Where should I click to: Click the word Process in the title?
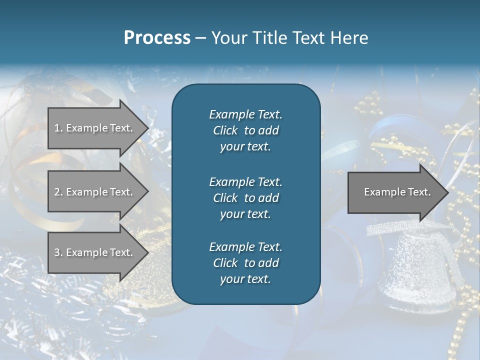pyautogui.click(x=157, y=38)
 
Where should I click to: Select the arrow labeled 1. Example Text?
pyautogui.click(x=95, y=128)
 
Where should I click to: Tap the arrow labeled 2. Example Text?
pyautogui.click(x=95, y=192)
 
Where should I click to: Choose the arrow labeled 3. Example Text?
pyautogui.click(x=95, y=252)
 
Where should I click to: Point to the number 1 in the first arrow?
pyautogui.click(x=57, y=128)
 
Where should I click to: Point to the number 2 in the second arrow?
pyautogui.click(x=57, y=192)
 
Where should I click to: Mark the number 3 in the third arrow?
pyautogui.click(x=57, y=252)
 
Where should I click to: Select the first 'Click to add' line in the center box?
pyautogui.click(x=245, y=130)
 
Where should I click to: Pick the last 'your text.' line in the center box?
pyautogui.click(x=245, y=279)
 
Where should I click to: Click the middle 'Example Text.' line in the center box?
pyautogui.click(x=245, y=181)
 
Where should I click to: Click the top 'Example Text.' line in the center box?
pyautogui.click(x=245, y=114)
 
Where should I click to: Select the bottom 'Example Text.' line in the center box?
pyautogui.click(x=245, y=247)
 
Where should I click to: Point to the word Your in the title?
pyautogui.click(x=228, y=38)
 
